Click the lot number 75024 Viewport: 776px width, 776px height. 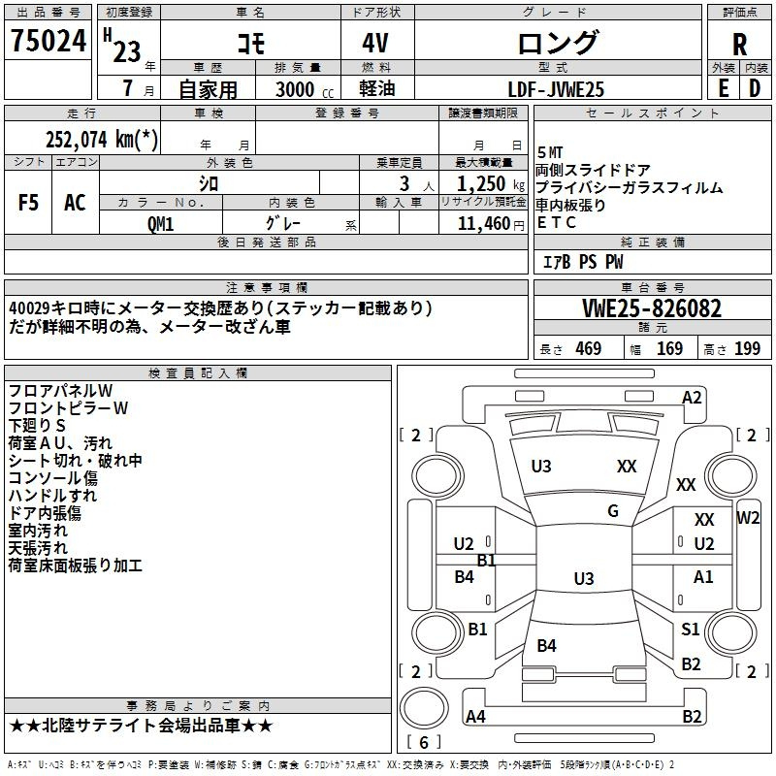pyautogui.click(x=48, y=41)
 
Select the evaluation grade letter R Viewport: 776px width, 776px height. pyautogui.click(x=739, y=45)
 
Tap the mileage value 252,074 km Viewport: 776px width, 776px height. pyautogui.click(x=102, y=139)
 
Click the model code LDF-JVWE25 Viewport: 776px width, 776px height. pyautogui.click(x=556, y=89)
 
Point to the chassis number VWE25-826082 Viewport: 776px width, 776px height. pyautogui.click(x=652, y=308)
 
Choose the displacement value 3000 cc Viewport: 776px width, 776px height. pyautogui.click(x=305, y=89)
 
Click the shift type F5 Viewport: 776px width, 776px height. pyautogui.click(x=28, y=203)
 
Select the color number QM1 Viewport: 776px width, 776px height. pyautogui.click(x=160, y=224)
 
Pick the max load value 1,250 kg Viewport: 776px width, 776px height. pyautogui.click(x=491, y=183)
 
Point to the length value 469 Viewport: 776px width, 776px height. pyautogui.click(x=588, y=348)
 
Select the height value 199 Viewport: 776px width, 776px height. pyautogui.click(x=747, y=348)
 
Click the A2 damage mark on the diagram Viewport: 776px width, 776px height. pyautogui.click(x=692, y=398)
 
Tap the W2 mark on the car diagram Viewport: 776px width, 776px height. pyautogui.click(x=747, y=518)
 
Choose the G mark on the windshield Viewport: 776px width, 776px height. pyautogui.click(x=613, y=511)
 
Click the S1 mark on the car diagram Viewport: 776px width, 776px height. pyautogui.click(x=690, y=629)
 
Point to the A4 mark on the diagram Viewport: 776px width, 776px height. pyautogui.click(x=475, y=716)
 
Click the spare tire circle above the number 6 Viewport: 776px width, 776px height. pyautogui.click(x=424, y=708)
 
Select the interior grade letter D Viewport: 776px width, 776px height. pyautogui.click(x=755, y=89)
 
